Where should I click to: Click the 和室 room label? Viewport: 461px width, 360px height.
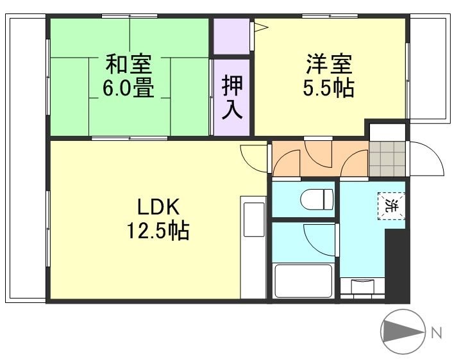point(128,65)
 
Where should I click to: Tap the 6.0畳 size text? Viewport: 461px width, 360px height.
point(128,88)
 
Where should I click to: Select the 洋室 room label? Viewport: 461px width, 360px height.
point(328,65)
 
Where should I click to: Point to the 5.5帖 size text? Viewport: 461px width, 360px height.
point(328,88)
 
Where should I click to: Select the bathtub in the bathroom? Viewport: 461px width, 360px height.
point(303,280)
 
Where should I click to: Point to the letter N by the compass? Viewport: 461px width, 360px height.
point(436,332)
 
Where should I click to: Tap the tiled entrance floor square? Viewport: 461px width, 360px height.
point(388,158)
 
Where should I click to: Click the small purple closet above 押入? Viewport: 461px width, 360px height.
point(231,37)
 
